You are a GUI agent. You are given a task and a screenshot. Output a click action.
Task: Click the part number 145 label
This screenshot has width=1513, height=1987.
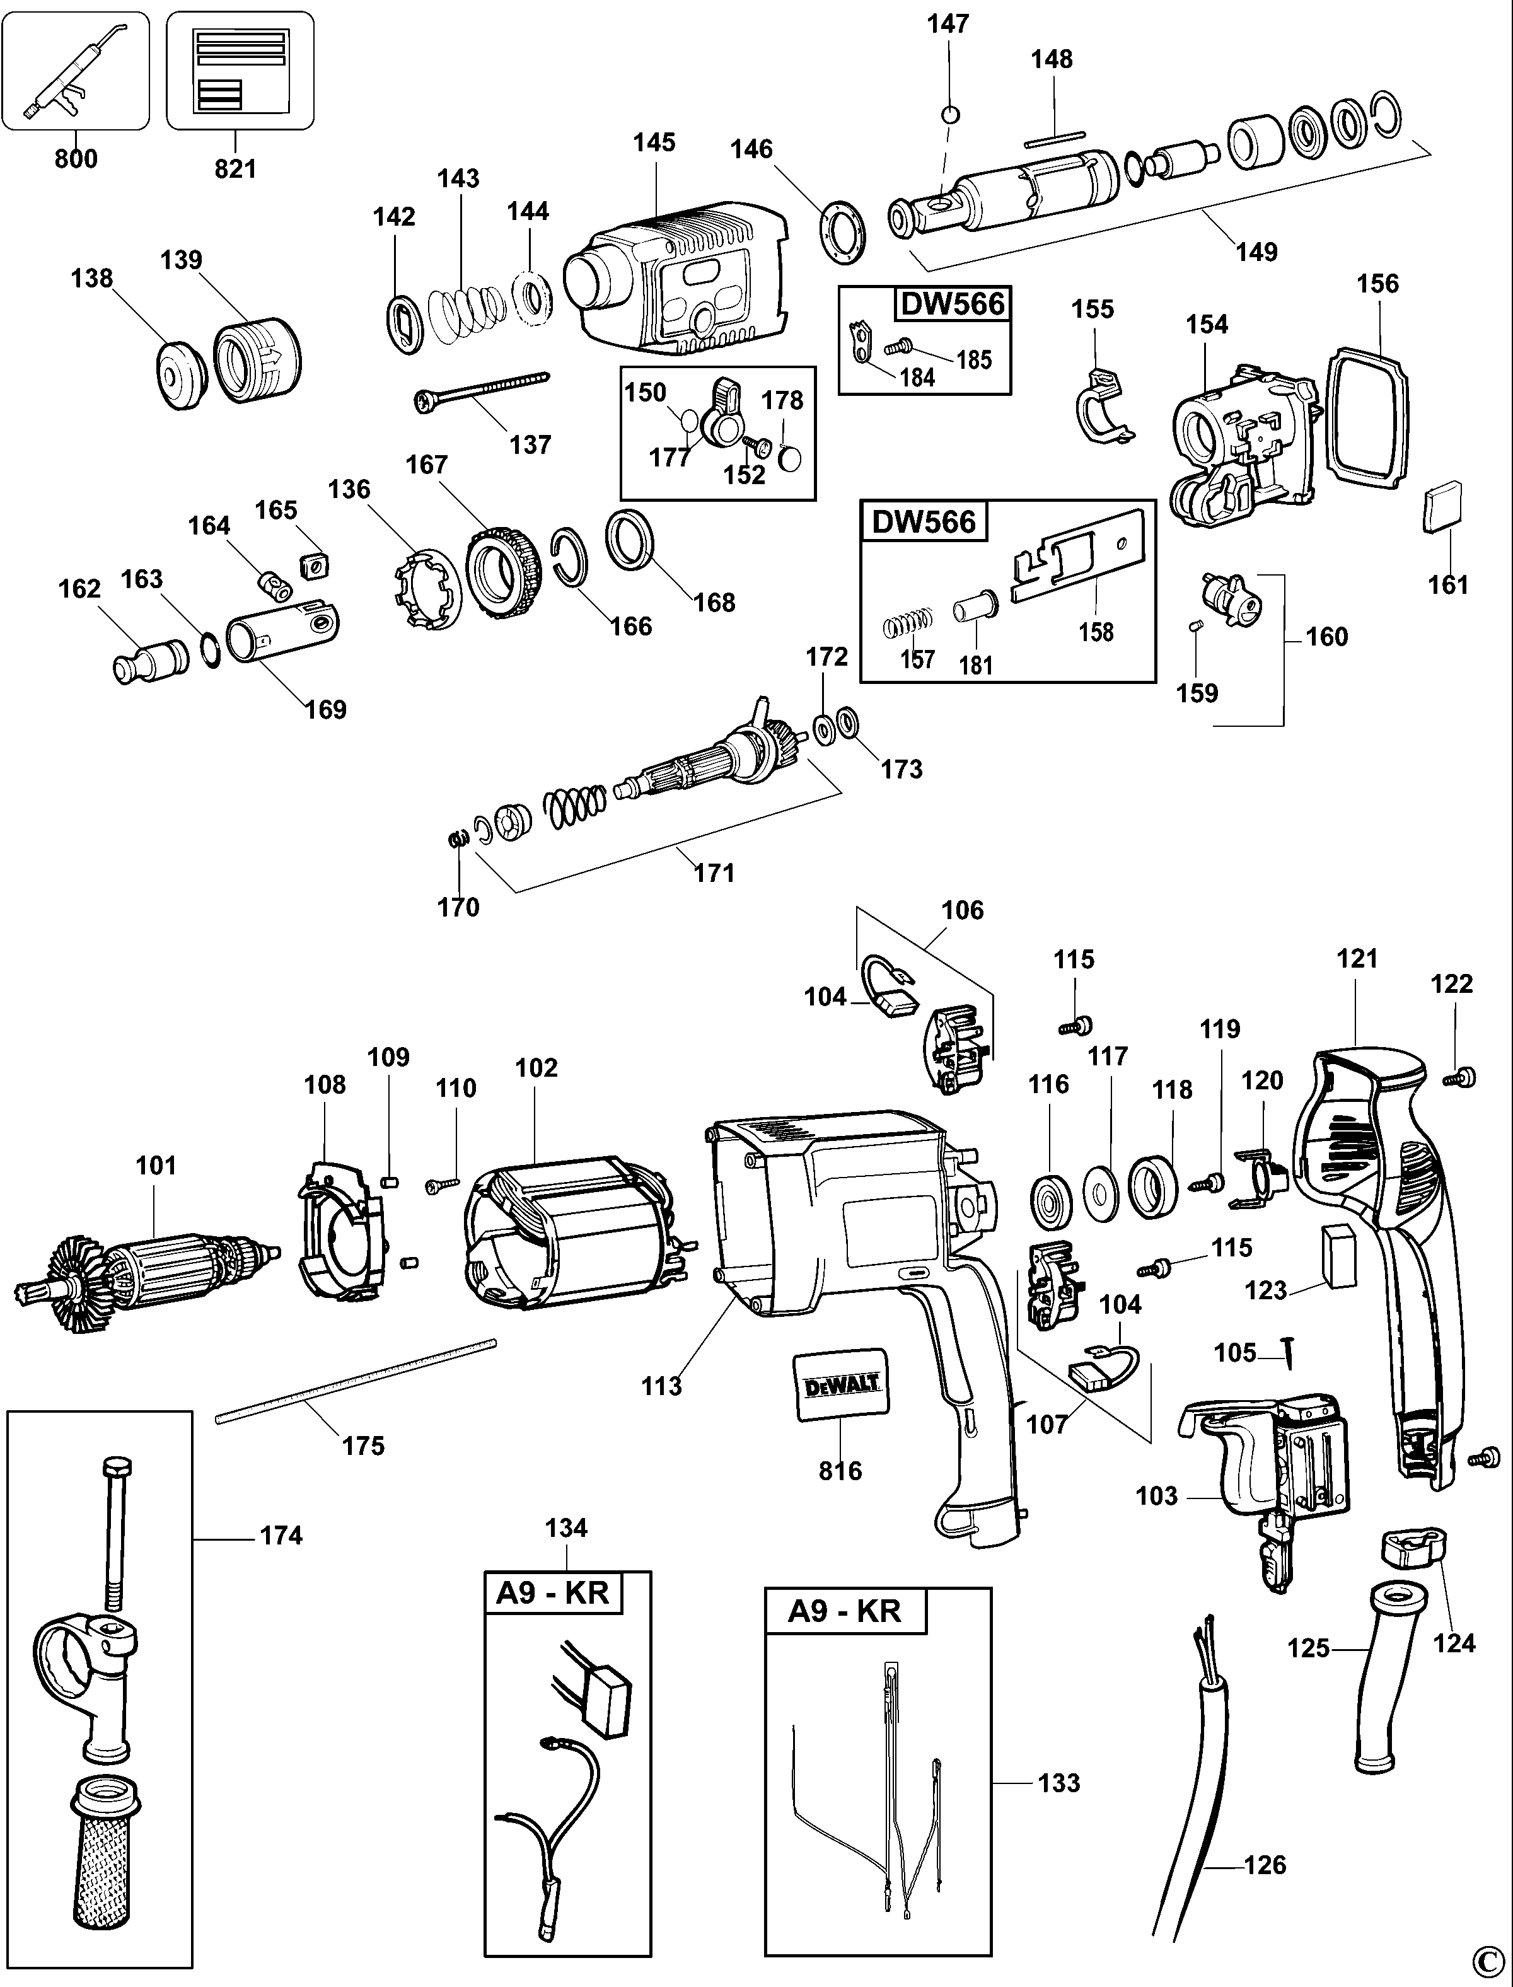(x=654, y=142)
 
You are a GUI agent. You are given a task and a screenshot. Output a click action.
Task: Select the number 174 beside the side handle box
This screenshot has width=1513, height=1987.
(x=281, y=1535)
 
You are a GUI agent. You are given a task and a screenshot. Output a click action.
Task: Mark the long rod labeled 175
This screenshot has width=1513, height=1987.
(x=356, y=1382)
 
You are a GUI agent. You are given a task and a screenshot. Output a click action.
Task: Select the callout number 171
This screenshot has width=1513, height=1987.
(x=714, y=872)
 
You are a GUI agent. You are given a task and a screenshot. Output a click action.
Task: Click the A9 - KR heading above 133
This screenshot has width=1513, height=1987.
(x=844, y=1611)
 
